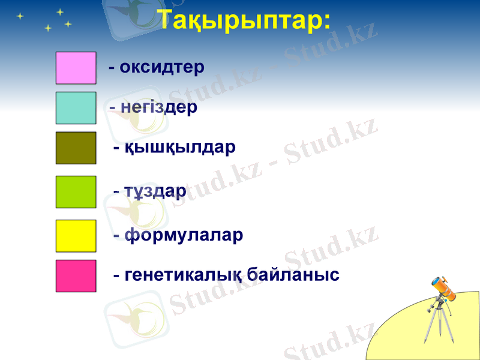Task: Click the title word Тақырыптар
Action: click(x=240, y=21)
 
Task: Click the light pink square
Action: click(x=76, y=68)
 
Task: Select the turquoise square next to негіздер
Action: click(x=76, y=108)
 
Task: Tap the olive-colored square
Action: click(x=76, y=148)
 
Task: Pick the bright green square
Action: click(x=76, y=192)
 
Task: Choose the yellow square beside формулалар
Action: click(x=76, y=236)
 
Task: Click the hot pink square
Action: click(x=76, y=276)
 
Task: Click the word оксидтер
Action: click(x=162, y=67)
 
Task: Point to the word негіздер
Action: click(x=159, y=107)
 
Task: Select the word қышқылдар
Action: click(x=180, y=148)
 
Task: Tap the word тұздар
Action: click(x=155, y=191)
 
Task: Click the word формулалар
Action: click(x=184, y=235)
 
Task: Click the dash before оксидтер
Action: click(x=112, y=67)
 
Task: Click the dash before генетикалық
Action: click(x=117, y=275)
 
